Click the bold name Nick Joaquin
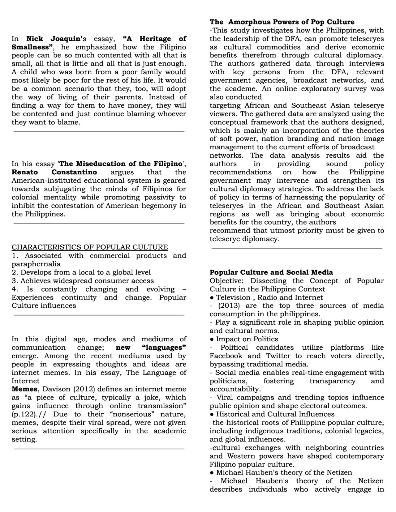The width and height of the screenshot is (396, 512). tap(54, 39)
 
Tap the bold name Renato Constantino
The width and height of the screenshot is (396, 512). tap(54, 172)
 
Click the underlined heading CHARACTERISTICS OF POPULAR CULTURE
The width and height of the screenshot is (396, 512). tap(90, 247)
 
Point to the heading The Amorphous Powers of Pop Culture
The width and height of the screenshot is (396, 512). tap(282, 22)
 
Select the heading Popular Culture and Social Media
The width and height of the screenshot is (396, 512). tap(271, 272)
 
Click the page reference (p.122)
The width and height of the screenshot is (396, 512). tap(24, 414)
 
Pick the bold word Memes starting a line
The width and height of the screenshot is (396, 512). tap(25, 389)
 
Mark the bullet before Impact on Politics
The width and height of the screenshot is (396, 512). tap(212, 339)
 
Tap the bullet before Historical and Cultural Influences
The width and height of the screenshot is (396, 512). tap(212, 414)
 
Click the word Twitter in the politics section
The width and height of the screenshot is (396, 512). tap(278, 356)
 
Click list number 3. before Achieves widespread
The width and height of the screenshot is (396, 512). tap(15, 281)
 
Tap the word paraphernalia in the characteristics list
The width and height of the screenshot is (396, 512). tap(36, 264)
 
